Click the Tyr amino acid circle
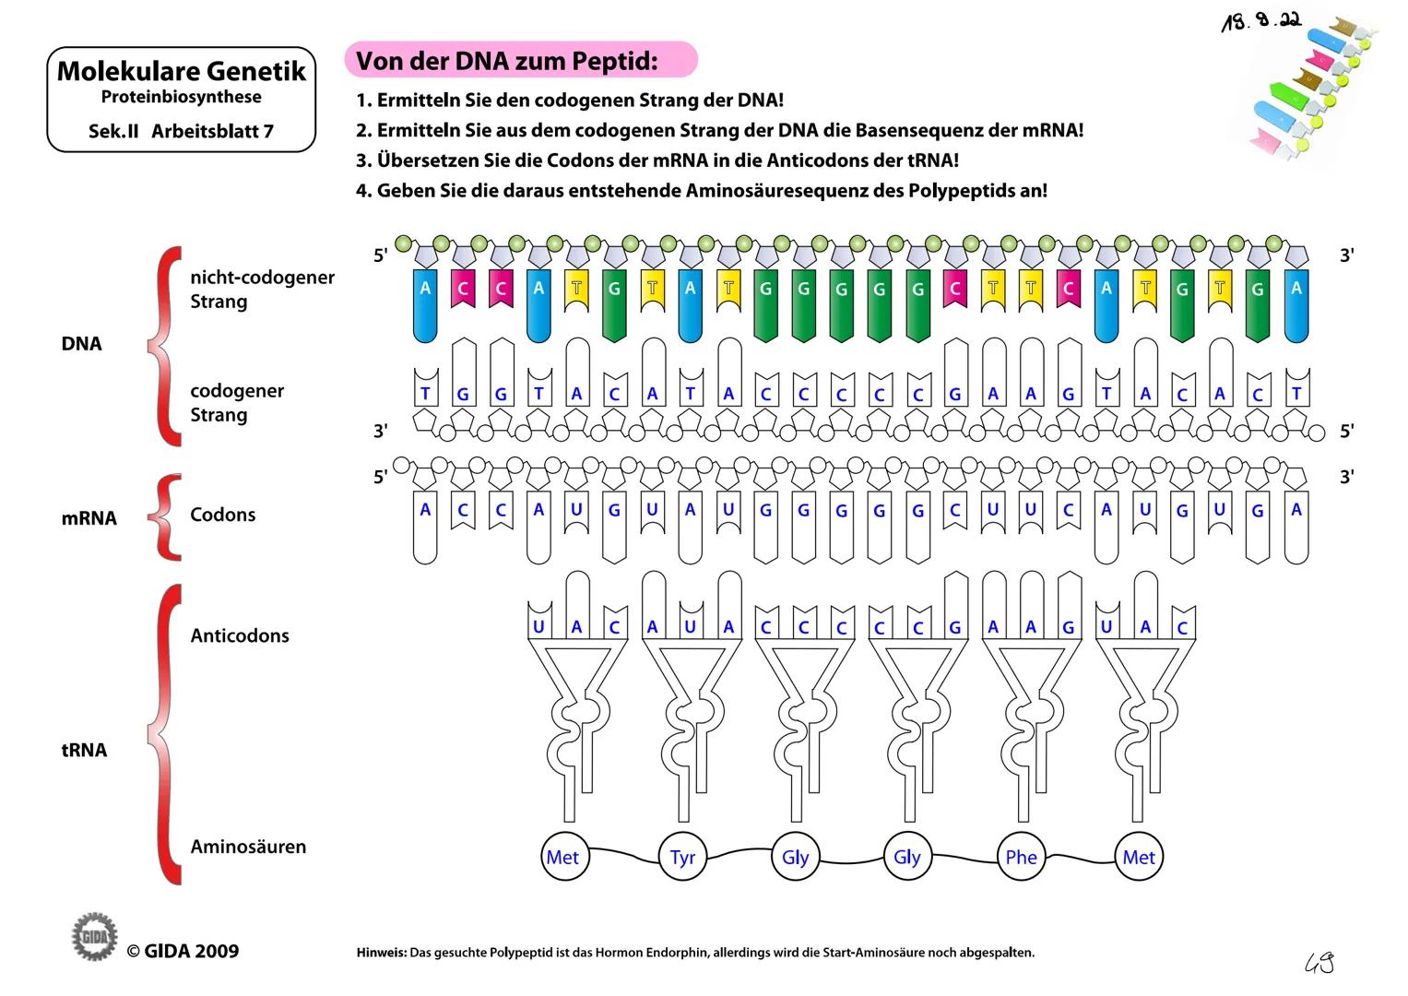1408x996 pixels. tap(682, 857)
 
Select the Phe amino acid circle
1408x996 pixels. tap(1021, 857)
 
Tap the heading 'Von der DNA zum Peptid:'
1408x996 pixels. tap(508, 61)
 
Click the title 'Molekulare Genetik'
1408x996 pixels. tap(182, 71)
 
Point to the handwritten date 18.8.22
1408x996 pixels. tap(1260, 21)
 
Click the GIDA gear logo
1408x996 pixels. tap(95, 936)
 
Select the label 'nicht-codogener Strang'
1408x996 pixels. tap(261, 289)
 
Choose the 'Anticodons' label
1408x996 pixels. tap(240, 635)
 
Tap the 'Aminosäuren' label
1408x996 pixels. tap(248, 847)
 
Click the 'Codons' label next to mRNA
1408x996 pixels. tap(222, 515)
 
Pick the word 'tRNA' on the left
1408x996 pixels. tap(84, 750)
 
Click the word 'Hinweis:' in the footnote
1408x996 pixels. tap(382, 953)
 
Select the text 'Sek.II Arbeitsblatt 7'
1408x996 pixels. tap(181, 131)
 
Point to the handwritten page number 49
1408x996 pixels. tap(1319, 963)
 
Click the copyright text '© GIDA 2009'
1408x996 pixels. tap(183, 951)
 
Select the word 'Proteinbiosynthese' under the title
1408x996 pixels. tap(181, 97)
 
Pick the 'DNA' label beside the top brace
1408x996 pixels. tap(81, 344)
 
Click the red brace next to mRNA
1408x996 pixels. tap(166, 516)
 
